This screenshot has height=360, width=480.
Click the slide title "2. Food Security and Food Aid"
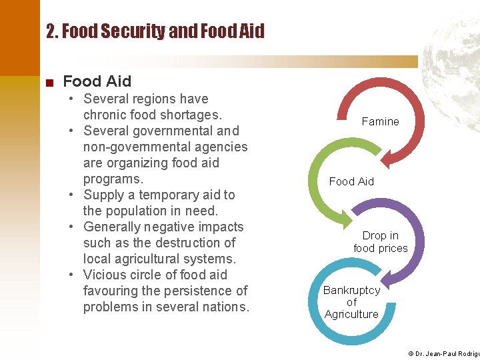155,31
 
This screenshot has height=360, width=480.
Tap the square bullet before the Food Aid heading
49,83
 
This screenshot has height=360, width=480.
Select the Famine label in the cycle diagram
380,121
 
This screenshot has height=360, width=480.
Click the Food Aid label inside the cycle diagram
351,181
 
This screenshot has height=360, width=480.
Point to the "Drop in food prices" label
381,242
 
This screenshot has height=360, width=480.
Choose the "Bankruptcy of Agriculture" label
351,302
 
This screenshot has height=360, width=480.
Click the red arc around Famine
417,107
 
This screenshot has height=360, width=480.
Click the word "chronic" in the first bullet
103,115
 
